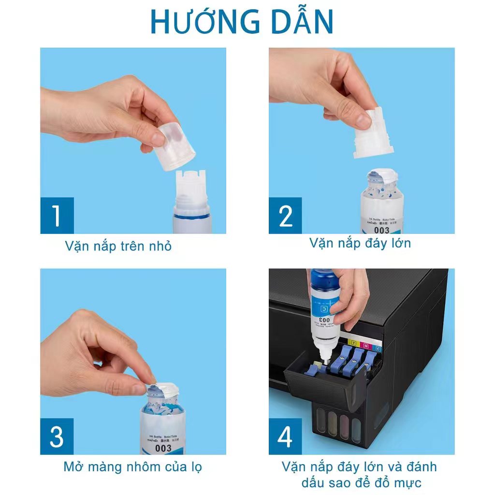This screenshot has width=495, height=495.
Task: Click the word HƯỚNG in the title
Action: tap(200, 21)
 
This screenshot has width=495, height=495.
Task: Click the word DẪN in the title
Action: tap(301, 21)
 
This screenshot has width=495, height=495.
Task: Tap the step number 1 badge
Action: tap(57, 216)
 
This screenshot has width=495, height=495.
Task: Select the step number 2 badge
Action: tap(286, 216)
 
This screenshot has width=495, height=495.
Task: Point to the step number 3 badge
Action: tap(57, 437)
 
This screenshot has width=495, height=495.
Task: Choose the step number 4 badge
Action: tap(286, 437)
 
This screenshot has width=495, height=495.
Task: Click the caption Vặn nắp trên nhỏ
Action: tap(118, 246)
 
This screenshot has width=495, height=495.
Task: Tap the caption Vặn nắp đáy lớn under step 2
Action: tap(360, 243)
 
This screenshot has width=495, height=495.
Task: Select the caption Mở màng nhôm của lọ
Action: tap(132, 467)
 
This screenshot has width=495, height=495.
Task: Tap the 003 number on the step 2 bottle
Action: tap(381, 230)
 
